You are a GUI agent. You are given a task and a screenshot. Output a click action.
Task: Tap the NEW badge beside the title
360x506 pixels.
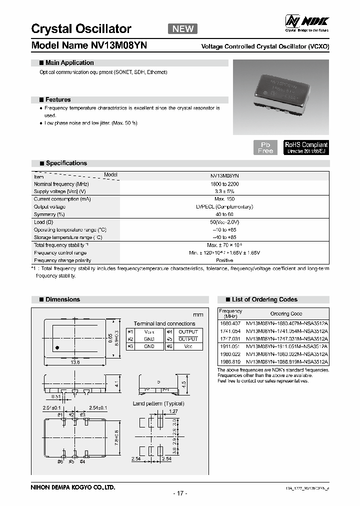click(182, 28)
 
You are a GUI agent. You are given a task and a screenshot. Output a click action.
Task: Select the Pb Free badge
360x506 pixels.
click(265, 147)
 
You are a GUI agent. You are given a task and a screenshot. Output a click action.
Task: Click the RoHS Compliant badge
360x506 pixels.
click(306, 147)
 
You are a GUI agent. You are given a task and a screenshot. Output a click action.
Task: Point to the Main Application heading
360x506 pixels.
click(69, 63)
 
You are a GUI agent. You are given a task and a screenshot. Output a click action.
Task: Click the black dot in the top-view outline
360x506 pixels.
click(57, 346)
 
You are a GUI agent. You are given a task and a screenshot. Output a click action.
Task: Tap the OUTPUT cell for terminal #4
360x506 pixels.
click(188, 331)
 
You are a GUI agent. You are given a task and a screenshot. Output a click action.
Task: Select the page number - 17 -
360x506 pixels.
click(179, 493)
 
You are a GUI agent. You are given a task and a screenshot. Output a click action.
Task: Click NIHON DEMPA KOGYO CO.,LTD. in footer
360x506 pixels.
click(73, 486)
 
